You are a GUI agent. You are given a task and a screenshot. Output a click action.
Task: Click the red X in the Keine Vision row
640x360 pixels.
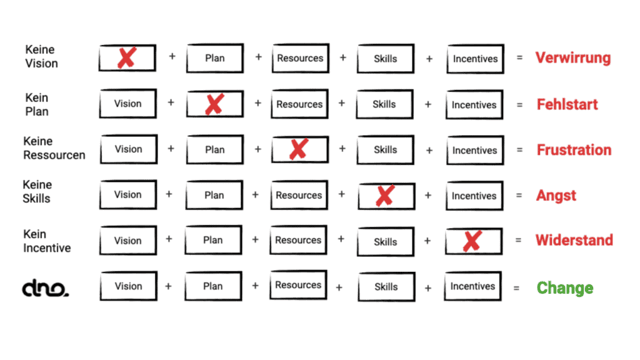pos(127,58)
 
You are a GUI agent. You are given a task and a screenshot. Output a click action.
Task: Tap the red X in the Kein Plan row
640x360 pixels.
pos(214,104)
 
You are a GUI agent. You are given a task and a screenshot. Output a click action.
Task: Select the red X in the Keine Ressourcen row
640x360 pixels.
pos(298,150)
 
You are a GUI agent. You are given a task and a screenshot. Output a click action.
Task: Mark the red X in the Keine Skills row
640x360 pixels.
pos(385,195)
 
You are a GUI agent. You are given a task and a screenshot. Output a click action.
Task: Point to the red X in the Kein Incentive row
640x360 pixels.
pos(473,240)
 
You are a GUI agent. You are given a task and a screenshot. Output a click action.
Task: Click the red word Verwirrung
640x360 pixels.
pos(572,58)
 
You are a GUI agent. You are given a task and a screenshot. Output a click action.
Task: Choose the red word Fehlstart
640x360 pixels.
pos(564,104)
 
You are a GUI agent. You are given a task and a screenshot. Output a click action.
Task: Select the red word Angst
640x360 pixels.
pos(555,195)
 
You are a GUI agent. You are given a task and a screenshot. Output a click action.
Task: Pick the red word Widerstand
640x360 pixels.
pos(573,241)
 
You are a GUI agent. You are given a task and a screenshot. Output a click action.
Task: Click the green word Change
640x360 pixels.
pos(565,288)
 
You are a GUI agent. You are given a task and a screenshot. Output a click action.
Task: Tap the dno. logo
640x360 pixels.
pos(45,288)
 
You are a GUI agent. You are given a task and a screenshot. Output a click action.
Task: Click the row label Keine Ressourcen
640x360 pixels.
pos(54,148)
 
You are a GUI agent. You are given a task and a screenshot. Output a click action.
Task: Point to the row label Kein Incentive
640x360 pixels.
pos(49,239)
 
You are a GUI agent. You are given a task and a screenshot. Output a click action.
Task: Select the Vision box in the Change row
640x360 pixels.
pos(128,287)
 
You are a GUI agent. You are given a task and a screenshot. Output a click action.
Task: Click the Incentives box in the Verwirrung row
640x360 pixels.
pos(474,59)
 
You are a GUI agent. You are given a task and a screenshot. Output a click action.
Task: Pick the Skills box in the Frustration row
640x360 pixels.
pos(385,150)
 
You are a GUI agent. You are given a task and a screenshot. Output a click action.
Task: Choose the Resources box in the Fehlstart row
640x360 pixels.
pos(299,104)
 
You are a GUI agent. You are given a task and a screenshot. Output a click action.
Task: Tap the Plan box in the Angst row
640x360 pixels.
pos(214,195)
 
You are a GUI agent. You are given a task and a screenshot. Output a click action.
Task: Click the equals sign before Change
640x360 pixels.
pos(517,288)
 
